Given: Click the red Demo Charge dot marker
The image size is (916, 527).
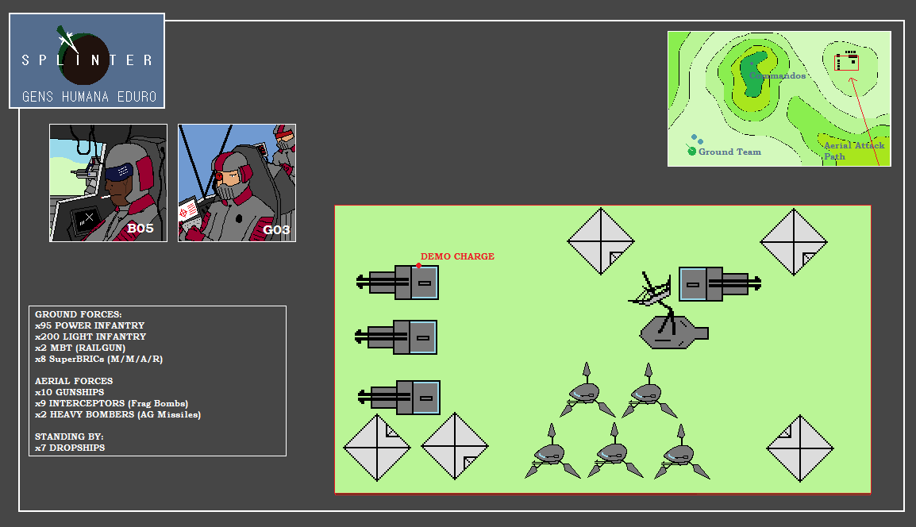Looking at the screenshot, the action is (419, 266).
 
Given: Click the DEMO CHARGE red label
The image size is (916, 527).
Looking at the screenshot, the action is (457, 256).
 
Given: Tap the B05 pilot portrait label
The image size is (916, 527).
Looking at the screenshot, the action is (140, 229).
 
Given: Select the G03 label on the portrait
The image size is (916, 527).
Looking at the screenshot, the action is (276, 229).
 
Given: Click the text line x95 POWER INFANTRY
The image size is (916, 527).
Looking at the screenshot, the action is (90, 325).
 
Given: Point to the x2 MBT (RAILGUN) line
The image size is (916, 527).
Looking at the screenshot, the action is (80, 348).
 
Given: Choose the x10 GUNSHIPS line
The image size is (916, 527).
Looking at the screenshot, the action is (70, 392).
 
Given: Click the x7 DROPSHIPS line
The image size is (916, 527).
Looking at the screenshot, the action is (70, 448).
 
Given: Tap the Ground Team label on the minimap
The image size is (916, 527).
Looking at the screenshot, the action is (729, 152).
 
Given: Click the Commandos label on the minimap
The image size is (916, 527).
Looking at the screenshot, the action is (778, 75).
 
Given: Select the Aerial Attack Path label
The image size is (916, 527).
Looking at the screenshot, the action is (854, 151).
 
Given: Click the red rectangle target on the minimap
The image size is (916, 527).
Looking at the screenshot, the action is (846, 63).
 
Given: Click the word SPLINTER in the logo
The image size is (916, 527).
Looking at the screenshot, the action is (87, 60).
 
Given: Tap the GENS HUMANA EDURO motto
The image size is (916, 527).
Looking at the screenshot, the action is (90, 96).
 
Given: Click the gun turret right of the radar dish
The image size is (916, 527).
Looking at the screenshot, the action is (720, 284).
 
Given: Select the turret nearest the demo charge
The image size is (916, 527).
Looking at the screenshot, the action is (397, 283).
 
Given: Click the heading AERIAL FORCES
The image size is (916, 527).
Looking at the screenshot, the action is (74, 381).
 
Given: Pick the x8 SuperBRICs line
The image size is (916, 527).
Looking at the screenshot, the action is (98, 359).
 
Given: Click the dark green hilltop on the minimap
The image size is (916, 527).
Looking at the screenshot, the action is (752, 74).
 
